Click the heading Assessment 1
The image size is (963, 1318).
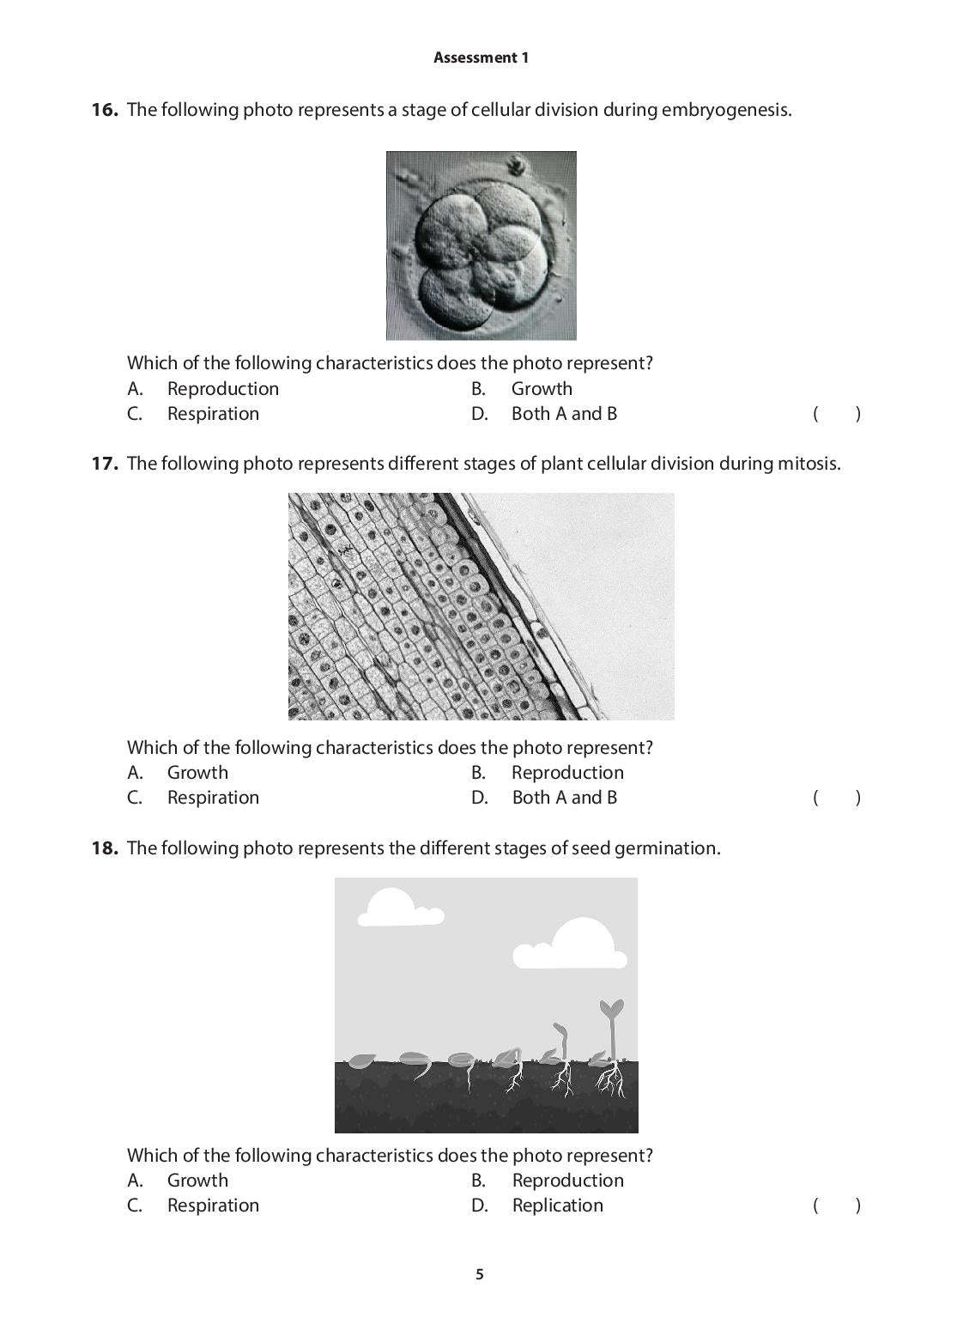481,58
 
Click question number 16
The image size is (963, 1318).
104,110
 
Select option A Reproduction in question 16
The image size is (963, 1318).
222,389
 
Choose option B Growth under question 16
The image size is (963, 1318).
541,389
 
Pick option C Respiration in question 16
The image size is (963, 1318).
213,414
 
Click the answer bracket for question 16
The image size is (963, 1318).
836,415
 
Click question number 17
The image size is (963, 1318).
104,464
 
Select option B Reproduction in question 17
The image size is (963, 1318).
566,773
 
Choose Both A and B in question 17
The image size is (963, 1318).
564,798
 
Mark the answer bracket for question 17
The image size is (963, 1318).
836,799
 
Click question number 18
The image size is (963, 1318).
104,848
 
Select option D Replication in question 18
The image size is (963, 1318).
557,1206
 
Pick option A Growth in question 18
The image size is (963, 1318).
197,1181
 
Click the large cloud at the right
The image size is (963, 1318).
571,945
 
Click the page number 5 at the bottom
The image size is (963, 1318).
480,1274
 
